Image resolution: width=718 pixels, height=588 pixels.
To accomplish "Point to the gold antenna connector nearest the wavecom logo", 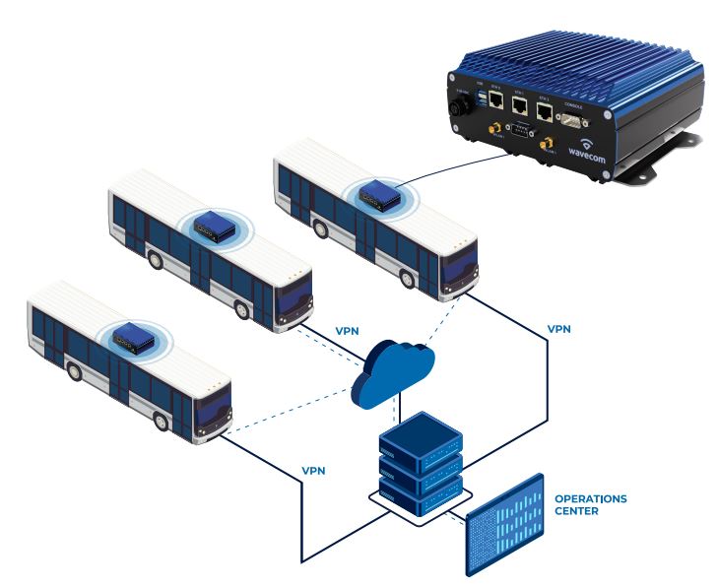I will point(544,145).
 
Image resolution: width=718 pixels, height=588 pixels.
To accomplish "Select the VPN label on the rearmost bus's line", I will point(558,328).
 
